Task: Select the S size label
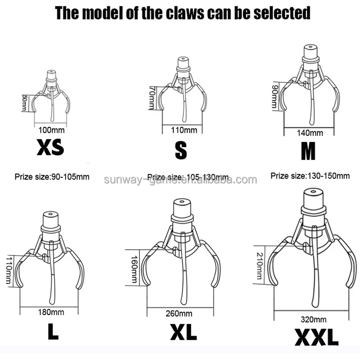(180, 151)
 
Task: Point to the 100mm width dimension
(52, 130)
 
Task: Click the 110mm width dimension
(184, 130)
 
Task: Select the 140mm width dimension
(310, 133)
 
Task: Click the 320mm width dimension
(313, 320)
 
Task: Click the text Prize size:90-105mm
(52, 177)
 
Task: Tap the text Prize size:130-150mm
(310, 175)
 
